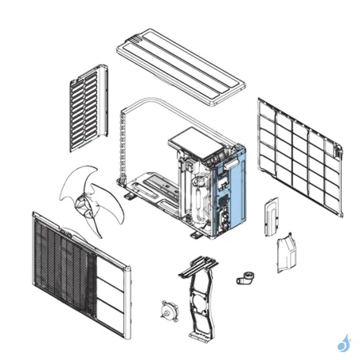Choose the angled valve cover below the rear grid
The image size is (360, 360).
[288, 254]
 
